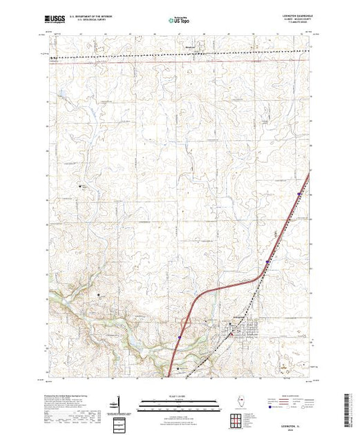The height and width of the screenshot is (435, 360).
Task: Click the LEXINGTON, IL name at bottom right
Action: pos(290,425)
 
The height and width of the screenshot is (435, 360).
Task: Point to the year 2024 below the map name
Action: pos(290,429)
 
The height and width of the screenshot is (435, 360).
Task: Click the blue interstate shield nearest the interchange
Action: pos(178,338)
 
